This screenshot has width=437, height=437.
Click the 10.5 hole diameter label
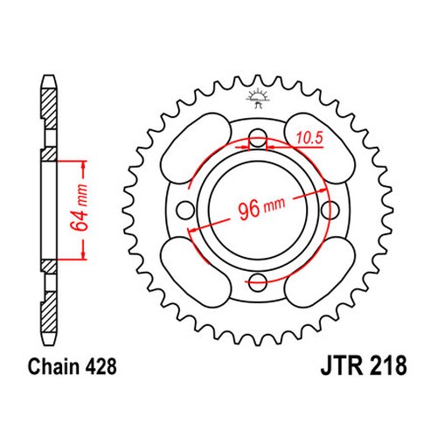click(x=309, y=138)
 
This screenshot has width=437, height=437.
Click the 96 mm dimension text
click(x=261, y=207)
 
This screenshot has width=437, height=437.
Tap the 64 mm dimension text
click(x=80, y=207)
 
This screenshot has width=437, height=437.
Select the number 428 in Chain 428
click(x=101, y=366)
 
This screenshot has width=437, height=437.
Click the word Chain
click(x=54, y=366)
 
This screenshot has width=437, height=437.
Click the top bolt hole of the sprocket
click(x=258, y=138)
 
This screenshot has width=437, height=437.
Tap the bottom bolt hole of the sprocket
click(x=258, y=281)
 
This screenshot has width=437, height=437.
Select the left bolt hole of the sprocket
click(x=186, y=210)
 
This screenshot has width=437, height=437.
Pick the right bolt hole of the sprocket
click(x=330, y=210)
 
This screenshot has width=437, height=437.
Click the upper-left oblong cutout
click(x=196, y=148)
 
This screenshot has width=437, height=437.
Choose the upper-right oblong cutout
click(x=320, y=148)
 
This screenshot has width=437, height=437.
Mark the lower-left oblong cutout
click(x=196, y=272)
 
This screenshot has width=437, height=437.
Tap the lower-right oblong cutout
click(x=320, y=272)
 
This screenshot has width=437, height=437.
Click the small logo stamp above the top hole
click(x=258, y=97)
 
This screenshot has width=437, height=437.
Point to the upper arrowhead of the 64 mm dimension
click(x=84, y=165)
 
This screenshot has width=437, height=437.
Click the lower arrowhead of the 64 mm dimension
click(x=84, y=254)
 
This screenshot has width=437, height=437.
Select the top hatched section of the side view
click(x=48, y=109)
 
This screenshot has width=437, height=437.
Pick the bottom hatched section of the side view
click(x=48, y=312)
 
